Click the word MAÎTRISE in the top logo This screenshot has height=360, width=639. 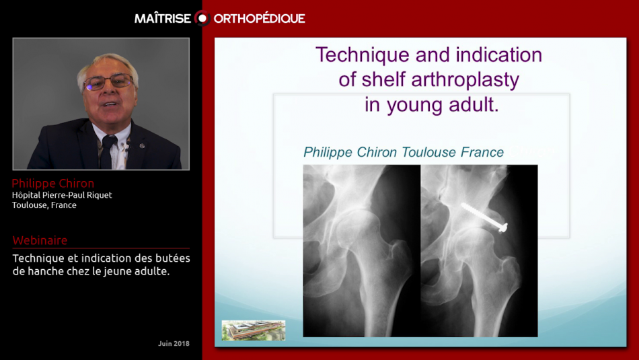163,18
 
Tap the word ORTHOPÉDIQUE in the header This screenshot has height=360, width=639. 259,18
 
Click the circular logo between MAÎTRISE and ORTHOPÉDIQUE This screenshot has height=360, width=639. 202,18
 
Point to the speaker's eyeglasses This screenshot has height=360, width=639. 108,82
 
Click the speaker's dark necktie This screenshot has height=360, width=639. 108,151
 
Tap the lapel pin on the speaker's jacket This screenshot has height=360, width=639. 142,145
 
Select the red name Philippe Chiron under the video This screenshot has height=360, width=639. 53,184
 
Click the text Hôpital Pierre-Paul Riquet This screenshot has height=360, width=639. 62,195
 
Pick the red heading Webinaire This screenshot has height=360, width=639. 40,240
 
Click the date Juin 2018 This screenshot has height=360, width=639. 174,343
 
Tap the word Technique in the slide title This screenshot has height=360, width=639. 363,55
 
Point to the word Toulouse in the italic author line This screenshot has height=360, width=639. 428,152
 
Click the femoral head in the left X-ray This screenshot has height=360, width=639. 355,229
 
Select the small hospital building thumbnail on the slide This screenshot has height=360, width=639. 254,330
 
